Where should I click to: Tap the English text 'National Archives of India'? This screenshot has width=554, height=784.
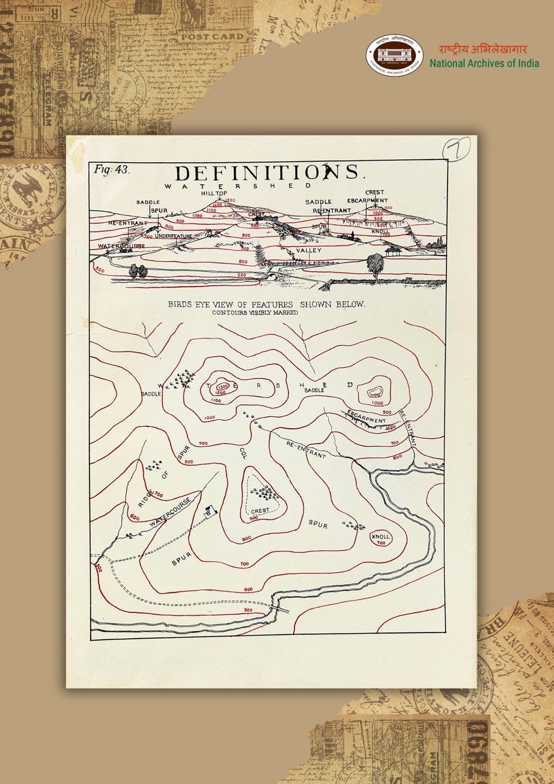coord(484,63)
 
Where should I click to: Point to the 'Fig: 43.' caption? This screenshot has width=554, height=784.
coord(112,169)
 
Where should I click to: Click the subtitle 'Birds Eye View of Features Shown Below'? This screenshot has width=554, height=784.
coord(266,304)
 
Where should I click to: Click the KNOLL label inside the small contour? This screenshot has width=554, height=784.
coord(380,537)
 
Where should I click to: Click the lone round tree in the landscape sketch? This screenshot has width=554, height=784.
coord(375,263)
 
